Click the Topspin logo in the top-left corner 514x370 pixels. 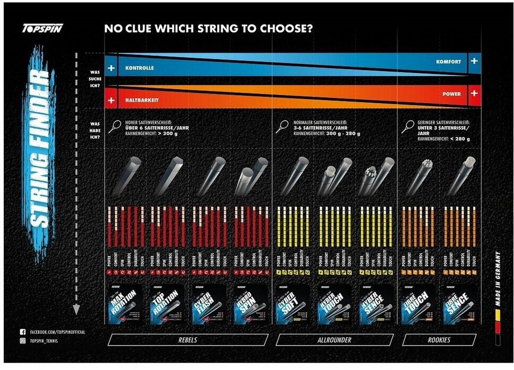(42, 29)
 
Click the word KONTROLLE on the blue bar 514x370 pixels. (140, 69)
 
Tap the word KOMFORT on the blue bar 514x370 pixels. (449, 62)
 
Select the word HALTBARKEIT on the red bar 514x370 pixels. (142, 100)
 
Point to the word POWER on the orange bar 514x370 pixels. (451, 94)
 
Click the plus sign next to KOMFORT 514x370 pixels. (474, 61)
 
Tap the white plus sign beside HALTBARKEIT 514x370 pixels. (111, 100)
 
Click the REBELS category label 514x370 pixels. (187, 340)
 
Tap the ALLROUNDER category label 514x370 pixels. (335, 340)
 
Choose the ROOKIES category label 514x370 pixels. (439, 340)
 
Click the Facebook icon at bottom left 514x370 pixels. (23, 332)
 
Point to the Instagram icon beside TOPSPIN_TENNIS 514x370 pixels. (23, 341)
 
